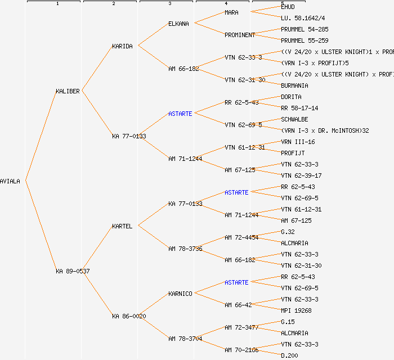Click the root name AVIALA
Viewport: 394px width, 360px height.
click(x=10, y=181)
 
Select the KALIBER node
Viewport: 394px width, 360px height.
click(x=68, y=91)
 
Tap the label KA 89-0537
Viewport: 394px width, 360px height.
click(x=73, y=271)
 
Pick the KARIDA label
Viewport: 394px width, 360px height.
click(x=122, y=46)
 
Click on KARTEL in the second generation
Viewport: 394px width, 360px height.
click(x=122, y=226)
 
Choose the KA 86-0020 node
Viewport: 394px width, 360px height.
click(x=129, y=316)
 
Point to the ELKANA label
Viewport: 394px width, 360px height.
click(x=179, y=24)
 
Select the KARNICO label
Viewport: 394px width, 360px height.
click(x=180, y=294)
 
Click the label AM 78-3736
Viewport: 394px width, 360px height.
click(x=185, y=249)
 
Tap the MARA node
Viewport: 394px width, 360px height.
click(x=231, y=12)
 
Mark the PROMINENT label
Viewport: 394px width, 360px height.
click(x=240, y=35)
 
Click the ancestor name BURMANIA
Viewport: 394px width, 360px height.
click(x=294, y=85)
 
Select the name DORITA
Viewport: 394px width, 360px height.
click(x=291, y=97)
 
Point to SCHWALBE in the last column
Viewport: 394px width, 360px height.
click(x=294, y=119)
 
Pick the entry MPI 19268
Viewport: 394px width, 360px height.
click(x=296, y=310)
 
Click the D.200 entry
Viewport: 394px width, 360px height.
click(x=289, y=355)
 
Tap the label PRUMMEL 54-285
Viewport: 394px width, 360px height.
click(x=305, y=29)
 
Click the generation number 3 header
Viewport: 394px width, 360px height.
click(x=169, y=4)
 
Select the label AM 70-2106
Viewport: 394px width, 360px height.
click(x=241, y=350)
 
